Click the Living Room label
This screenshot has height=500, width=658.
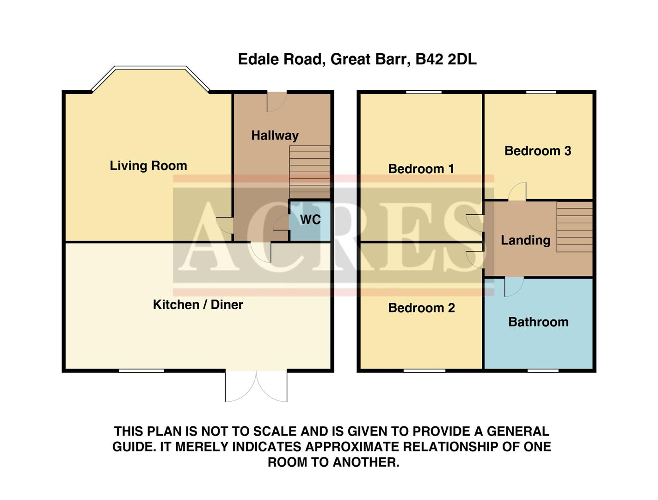tap(148, 166)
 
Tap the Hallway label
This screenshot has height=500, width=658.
tap(275, 136)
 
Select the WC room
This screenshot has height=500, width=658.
tap(310, 220)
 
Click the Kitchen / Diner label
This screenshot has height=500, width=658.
tap(198, 305)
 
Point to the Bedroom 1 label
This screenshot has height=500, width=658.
tap(421, 169)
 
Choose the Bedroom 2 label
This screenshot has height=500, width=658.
tap(421, 308)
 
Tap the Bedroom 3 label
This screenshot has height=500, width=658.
tap(538, 151)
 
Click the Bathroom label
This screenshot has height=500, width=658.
tap(538, 322)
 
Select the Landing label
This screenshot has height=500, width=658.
tap(526, 240)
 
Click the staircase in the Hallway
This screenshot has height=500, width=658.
tap(310, 172)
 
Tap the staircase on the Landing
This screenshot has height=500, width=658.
tap(574, 227)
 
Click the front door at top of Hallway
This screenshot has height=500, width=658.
tap(277, 101)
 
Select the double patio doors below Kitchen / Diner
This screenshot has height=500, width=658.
tap(256, 386)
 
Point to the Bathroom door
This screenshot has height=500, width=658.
tap(514, 286)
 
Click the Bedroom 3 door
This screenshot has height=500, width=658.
tap(517, 192)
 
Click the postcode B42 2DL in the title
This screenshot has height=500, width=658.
tap(446, 59)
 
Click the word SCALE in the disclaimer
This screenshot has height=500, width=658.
tap(275, 431)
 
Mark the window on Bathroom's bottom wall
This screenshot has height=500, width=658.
tap(543, 370)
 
